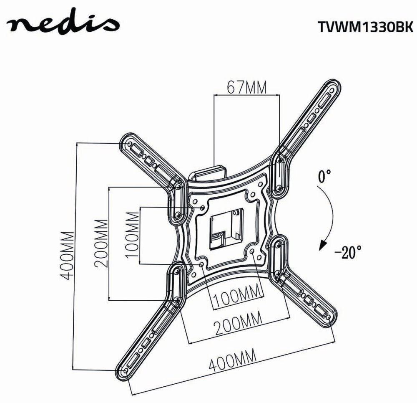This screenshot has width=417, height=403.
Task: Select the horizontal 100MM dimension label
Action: pyautogui.click(x=236, y=299)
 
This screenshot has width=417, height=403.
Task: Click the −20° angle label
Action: pyautogui.click(x=347, y=253)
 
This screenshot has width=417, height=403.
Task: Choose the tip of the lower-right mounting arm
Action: pyautogui.click(x=330, y=318)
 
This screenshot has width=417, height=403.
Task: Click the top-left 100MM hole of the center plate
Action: pyautogui.click(x=202, y=207)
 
